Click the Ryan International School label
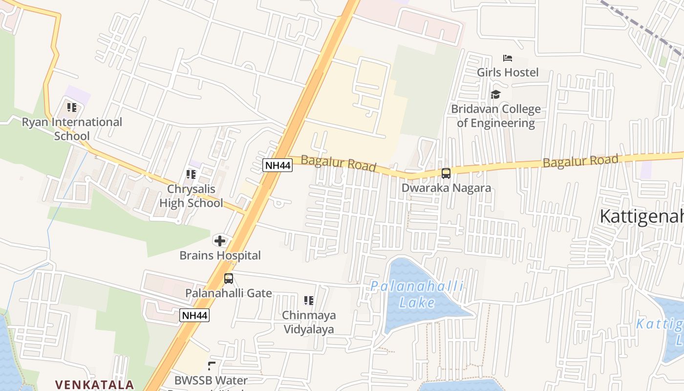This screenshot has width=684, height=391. pos(72,129)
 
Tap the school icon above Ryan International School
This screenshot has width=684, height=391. pos(72,108)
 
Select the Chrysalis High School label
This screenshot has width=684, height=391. pos(191,196)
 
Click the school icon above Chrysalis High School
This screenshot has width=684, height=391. pos(191,174)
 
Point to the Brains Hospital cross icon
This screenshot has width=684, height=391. pos(220,240)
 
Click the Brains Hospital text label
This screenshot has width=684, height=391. pos(220,255)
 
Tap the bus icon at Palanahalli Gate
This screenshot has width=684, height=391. pos(228,279)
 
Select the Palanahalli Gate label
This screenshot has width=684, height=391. pos(228,293)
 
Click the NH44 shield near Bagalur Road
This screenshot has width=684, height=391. pos(278,165)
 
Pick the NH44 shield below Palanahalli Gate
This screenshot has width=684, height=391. pos(194,315)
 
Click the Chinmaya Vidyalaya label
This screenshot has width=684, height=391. pos(308,322)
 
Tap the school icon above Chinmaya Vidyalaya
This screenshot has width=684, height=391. pos(308,301)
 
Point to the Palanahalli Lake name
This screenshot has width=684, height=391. pos(417,294)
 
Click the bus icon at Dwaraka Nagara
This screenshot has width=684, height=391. pos(446,174)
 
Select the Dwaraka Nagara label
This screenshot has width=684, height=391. pos(446,188)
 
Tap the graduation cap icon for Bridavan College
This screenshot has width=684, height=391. pos(496,94)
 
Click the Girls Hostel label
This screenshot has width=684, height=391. pos(508,72)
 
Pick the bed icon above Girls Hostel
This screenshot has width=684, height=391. pos(508,58)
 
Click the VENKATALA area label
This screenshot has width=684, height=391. pos(94,385)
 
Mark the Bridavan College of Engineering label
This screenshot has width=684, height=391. pos(496,116)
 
